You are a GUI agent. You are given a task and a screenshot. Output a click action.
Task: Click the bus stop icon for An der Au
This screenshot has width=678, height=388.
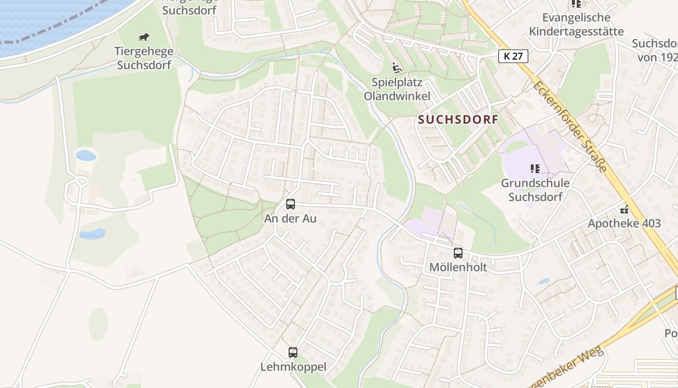click(291, 204)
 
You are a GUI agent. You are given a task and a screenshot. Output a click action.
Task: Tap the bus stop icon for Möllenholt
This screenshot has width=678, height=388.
click(458, 253)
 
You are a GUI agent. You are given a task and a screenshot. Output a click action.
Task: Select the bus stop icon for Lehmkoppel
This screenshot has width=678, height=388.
click(293, 353)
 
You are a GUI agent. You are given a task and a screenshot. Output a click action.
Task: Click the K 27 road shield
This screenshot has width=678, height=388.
click(513, 56)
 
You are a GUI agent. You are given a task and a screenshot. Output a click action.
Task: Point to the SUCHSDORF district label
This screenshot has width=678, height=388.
click(458, 120)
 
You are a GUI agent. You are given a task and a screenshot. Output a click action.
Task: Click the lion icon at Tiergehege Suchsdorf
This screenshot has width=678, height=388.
click(144, 37)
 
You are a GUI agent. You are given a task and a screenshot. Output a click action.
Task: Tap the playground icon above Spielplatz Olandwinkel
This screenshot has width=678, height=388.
click(397, 68)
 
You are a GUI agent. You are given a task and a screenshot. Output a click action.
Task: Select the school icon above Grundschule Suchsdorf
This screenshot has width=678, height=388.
click(535, 169)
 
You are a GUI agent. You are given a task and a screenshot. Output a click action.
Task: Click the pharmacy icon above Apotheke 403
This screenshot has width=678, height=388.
click(624, 210)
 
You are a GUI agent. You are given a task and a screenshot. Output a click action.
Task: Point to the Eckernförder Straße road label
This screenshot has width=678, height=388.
click(570, 127)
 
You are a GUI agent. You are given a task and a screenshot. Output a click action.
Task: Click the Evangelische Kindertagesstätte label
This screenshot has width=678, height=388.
click(576, 25)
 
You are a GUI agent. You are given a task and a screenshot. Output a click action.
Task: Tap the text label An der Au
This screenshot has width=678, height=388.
click(290, 219)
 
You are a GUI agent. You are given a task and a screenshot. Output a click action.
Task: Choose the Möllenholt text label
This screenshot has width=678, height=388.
click(458, 267)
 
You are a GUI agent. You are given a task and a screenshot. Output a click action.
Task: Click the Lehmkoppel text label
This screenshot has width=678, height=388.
click(293, 367)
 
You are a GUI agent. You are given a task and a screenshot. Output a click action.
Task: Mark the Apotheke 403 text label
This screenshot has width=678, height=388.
click(624, 224)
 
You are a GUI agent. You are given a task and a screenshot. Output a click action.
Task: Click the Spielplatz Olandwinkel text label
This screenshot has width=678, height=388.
click(397, 89)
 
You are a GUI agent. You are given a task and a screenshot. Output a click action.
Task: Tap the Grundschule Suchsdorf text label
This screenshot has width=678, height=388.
click(535, 190)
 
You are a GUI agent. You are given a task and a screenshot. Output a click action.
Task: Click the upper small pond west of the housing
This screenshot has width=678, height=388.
click(86, 155)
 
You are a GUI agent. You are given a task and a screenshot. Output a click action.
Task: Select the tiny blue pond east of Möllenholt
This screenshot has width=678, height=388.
click(544, 281)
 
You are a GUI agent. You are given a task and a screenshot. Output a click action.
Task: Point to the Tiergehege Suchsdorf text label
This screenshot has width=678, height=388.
click(143, 58)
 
